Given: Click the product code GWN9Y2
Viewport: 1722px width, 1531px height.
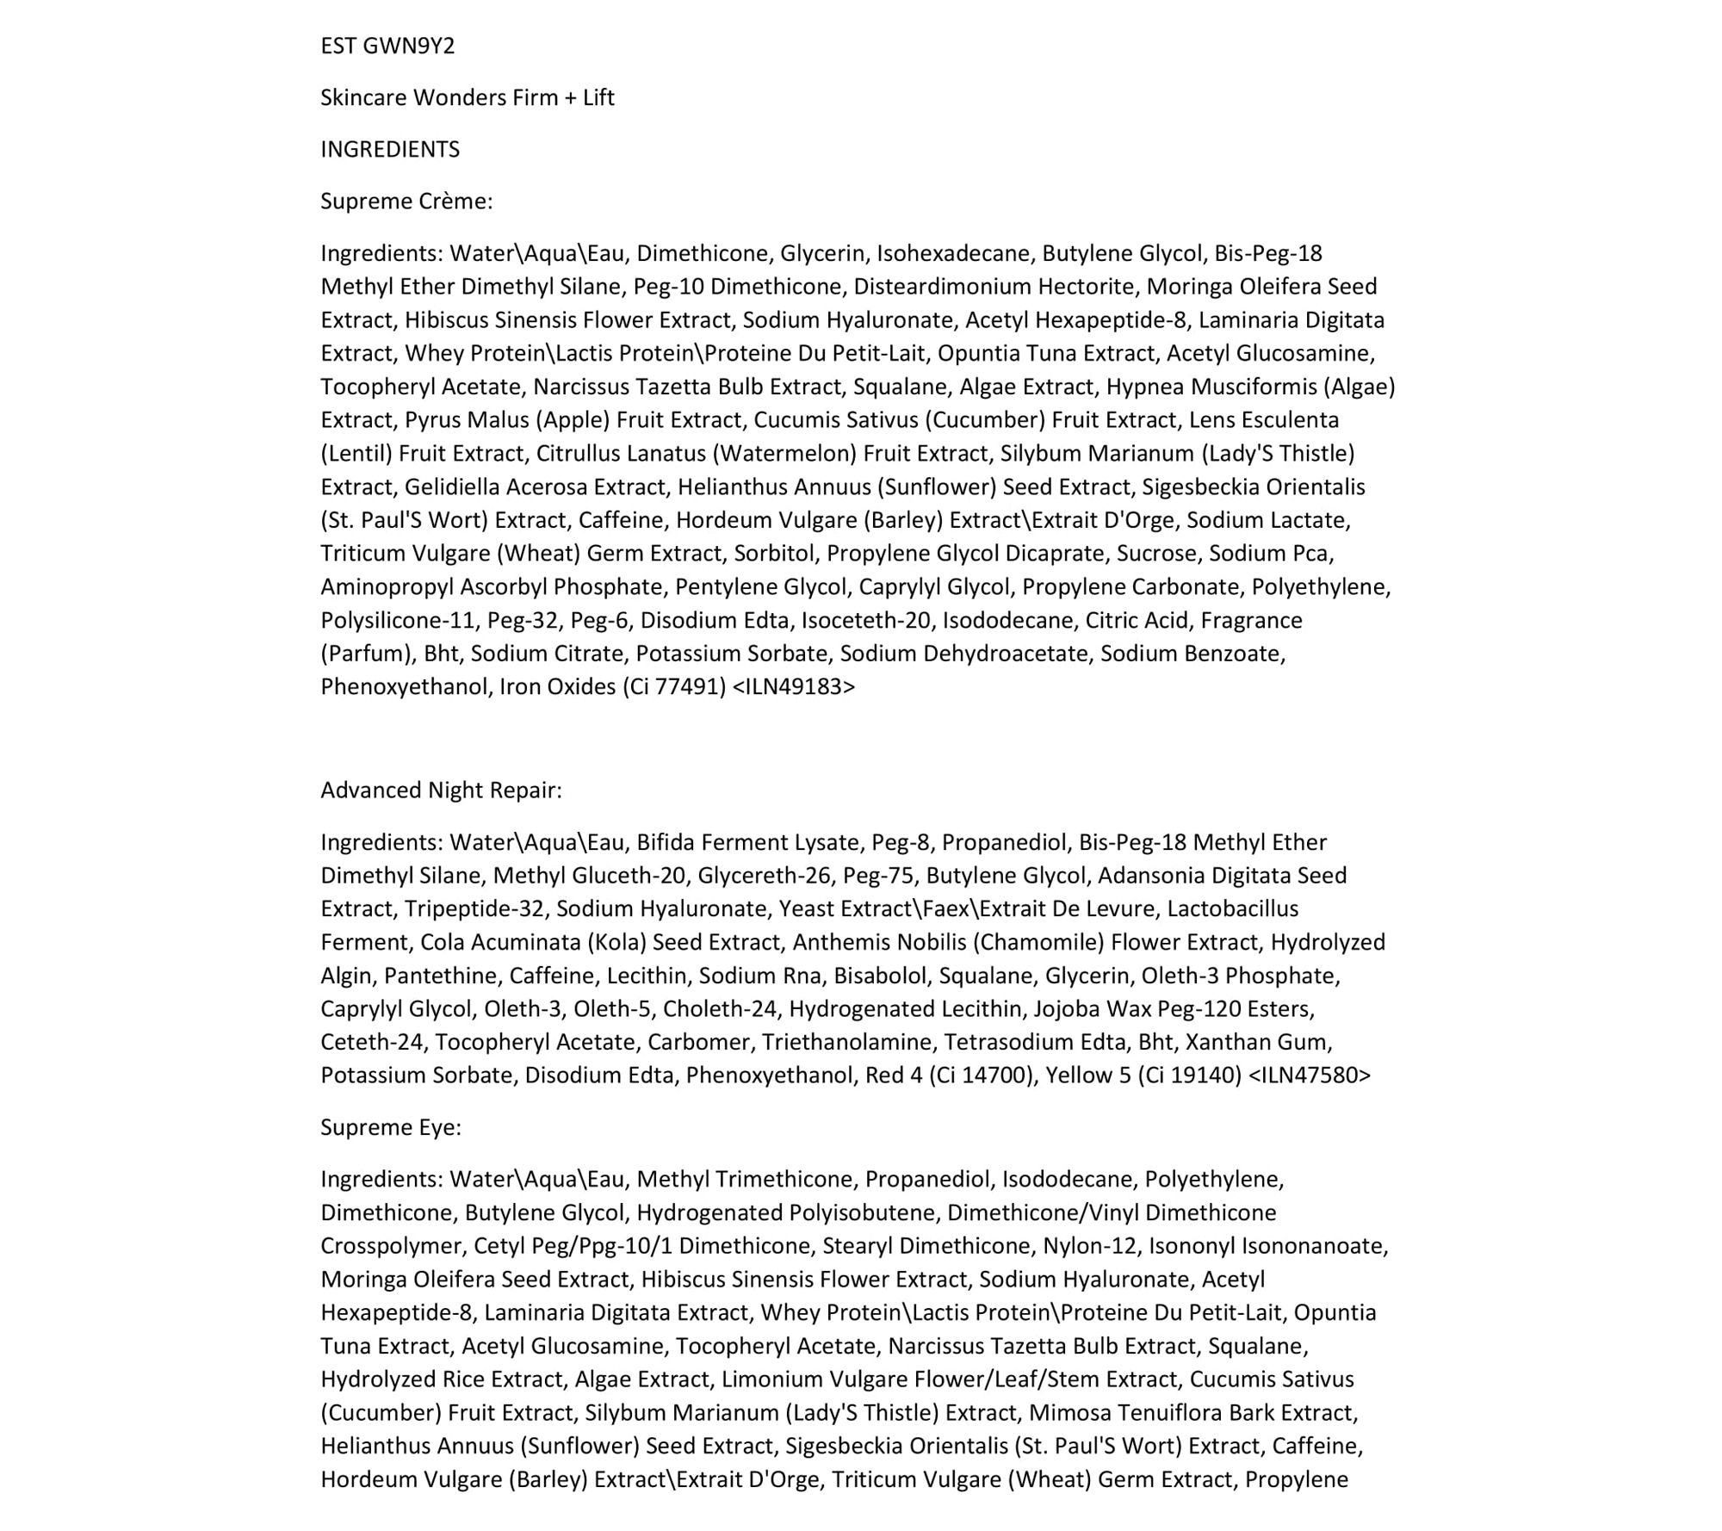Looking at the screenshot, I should (x=409, y=46).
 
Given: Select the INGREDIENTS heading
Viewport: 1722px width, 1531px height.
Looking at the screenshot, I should (x=390, y=149).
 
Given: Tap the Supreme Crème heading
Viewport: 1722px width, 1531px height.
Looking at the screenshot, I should (x=406, y=201).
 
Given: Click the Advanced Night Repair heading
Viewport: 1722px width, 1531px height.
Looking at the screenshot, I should (x=441, y=790).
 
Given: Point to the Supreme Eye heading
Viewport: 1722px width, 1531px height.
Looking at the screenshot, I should (x=391, y=1127).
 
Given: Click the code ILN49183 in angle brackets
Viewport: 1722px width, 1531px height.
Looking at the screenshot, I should (x=794, y=686).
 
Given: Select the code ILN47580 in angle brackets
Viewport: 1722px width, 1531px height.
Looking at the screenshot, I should (x=1309, y=1075).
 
